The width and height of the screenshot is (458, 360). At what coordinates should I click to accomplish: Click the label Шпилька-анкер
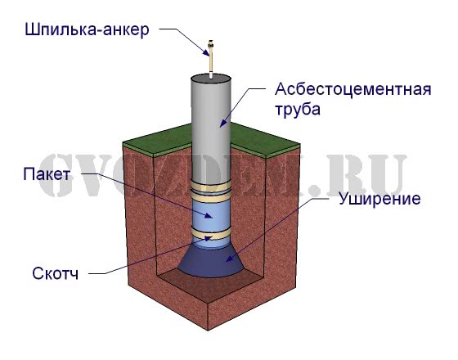click(87, 29)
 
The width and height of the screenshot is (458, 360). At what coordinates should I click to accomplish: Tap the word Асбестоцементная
click(352, 89)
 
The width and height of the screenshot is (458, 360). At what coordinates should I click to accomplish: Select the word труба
click(298, 110)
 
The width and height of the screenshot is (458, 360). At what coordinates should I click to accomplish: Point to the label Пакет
click(47, 174)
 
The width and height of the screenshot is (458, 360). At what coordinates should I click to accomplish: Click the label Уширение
click(379, 199)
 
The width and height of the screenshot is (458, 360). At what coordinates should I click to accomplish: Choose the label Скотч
click(56, 273)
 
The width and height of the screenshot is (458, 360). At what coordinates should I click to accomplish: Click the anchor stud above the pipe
click(211, 59)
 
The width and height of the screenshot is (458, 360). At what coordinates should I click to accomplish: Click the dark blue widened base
click(211, 262)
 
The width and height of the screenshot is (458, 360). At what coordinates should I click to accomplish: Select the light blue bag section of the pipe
click(211, 214)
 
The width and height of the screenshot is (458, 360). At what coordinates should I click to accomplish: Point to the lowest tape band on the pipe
click(211, 234)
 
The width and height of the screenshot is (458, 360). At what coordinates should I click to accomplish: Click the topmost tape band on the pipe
click(211, 186)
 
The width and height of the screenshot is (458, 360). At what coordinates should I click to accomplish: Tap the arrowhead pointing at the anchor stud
click(206, 52)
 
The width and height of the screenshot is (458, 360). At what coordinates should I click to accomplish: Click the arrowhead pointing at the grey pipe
click(223, 123)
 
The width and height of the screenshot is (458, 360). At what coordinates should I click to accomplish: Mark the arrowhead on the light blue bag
click(209, 216)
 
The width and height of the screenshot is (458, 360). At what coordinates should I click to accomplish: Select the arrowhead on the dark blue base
click(230, 258)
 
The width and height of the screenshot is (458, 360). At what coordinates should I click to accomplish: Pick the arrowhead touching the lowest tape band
click(207, 238)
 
